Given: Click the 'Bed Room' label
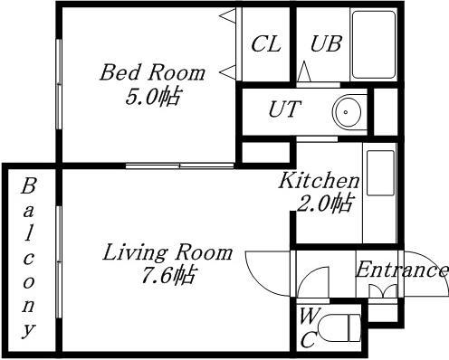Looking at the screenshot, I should pos(152,71).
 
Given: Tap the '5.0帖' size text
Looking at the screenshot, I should pos(153,95).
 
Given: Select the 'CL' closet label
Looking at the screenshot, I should pos(264,44).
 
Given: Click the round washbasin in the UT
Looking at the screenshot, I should pos(349,112).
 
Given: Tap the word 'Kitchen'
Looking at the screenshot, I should pos(318,180).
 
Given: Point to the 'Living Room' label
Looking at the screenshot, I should pos(166,252).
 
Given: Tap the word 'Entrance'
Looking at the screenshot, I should pos(401,270).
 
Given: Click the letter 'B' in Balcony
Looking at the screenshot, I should pos(28,187).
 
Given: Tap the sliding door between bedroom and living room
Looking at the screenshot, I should pos(179,165).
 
